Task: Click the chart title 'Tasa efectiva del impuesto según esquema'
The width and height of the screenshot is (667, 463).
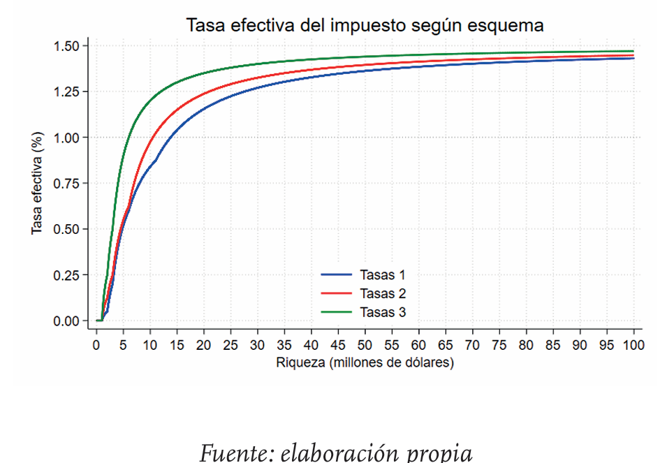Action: pos(365,26)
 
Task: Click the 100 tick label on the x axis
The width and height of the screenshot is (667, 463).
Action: pos(633,344)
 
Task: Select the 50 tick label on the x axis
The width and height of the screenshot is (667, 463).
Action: pos(365,344)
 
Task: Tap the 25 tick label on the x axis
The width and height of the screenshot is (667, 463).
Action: pos(231,344)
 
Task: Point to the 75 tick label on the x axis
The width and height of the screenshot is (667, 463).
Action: pos(499,344)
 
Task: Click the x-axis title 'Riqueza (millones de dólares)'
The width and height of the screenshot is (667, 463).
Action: pos(365,362)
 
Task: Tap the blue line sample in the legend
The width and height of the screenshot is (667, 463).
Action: pos(337,275)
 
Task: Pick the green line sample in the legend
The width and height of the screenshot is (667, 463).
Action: pos(337,312)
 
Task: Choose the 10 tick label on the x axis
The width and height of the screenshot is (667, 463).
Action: pos(150,344)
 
